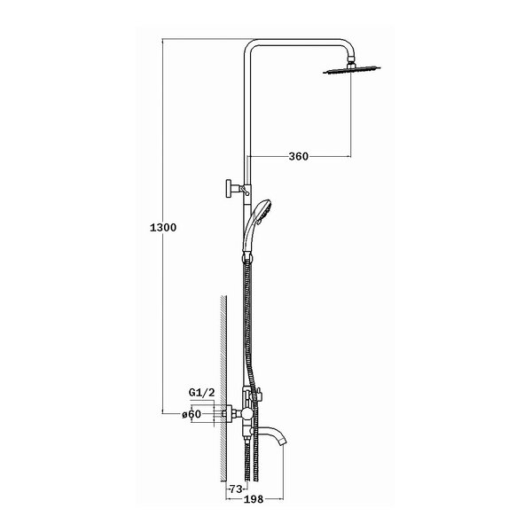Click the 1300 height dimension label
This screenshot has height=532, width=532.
pyautogui.click(x=163, y=228)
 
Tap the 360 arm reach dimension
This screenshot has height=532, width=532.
pyautogui.click(x=299, y=156)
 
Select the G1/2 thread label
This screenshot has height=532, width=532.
pyautogui.click(x=201, y=393)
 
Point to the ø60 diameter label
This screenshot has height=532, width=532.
pyautogui.click(x=192, y=414)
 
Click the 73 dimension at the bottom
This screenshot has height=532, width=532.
pyautogui.click(x=236, y=489)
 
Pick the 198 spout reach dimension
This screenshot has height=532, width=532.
pyautogui.click(x=254, y=499)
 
